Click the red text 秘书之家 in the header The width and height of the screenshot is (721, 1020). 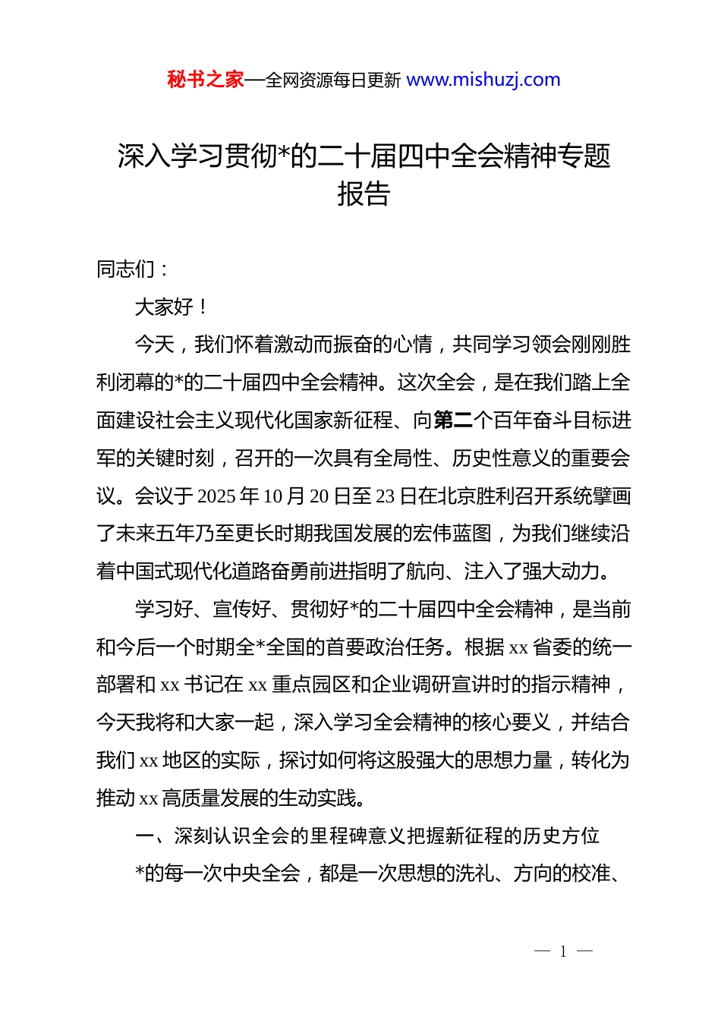(x=205, y=80)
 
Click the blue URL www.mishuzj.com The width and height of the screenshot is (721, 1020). (x=483, y=80)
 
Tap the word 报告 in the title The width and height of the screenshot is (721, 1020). (x=364, y=194)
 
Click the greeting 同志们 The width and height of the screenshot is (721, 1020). (x=126, y=269)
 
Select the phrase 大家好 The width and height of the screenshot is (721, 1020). (x=164, y=307)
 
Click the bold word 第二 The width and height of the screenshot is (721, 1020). (x=453, y=420)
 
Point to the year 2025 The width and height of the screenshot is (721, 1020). (x=216, y=496)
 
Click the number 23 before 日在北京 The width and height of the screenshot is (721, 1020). (x=385, y=496)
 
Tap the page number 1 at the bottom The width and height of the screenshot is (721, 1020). (x=563, y=952)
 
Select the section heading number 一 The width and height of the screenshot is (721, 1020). (x=144, y=836)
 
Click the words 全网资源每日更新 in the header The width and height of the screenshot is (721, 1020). (x=332, y=80)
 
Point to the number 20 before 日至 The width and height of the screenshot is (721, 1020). (x=319, y=496)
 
